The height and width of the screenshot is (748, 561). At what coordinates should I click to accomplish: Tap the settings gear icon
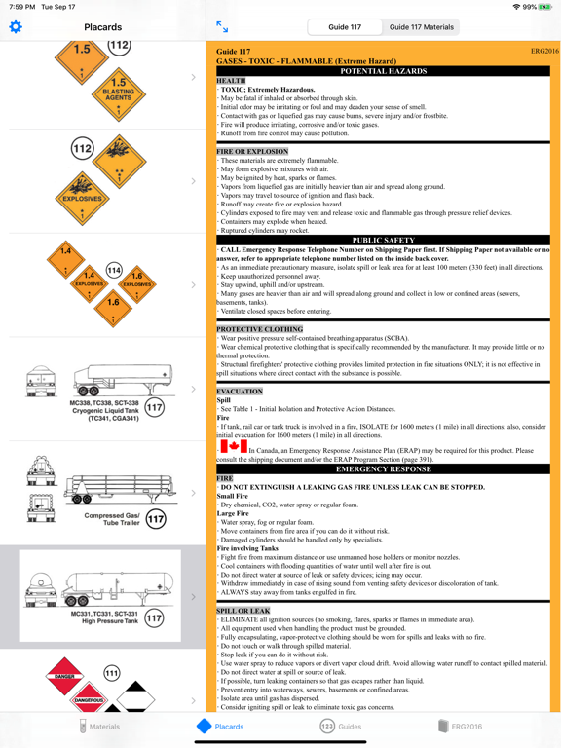[15, 27]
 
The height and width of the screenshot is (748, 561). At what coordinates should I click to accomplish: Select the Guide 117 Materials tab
[422, 27]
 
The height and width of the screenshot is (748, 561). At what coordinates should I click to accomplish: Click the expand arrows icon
[222, 27]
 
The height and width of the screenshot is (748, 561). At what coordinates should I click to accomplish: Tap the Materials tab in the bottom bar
[97, 727]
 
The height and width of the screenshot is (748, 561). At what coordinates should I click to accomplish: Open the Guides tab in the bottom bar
[341, 727]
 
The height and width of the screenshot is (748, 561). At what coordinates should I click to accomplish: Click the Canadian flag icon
[235, 446]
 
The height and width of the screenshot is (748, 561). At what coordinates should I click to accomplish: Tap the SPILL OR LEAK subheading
[243, 611]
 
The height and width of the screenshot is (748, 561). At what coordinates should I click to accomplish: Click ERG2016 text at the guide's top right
[544, 51]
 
